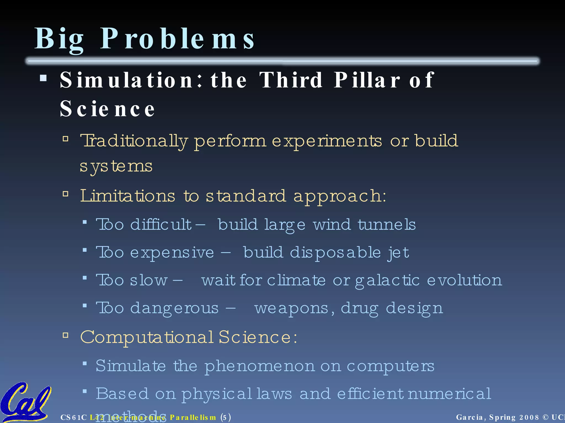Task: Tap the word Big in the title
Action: point(59,39)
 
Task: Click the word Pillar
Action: point(367,80)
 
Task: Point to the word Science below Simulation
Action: point(107,109)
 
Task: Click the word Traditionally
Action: point(134,141)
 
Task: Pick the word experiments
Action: point(327,141)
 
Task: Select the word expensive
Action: point(172,253)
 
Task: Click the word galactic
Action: point(387,281)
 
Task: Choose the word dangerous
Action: point(174,308)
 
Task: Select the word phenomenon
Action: point(259,366)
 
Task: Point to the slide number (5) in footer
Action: point(226,417)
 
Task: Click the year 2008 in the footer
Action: point(529,417)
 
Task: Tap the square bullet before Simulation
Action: point(43,78)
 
